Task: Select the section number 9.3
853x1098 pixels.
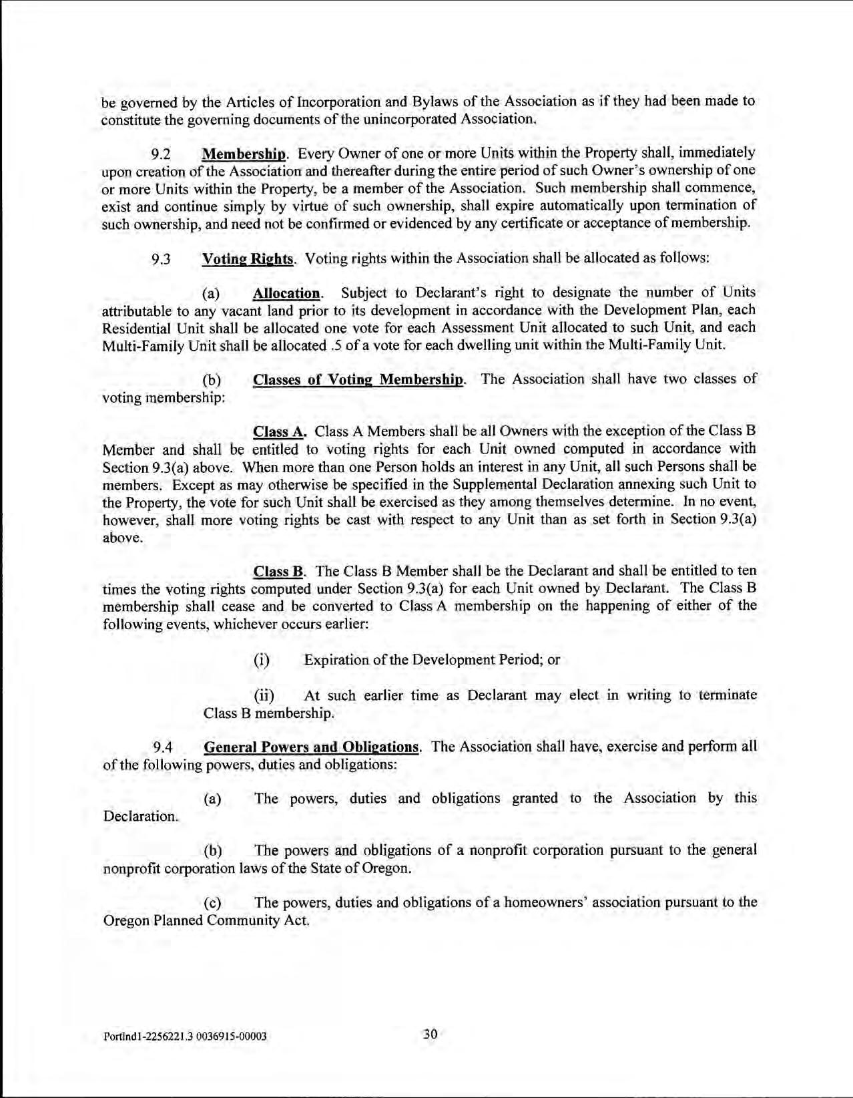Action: coord(160,259)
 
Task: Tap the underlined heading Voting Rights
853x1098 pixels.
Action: coord(247,259)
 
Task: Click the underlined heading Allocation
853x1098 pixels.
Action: coord(286,293)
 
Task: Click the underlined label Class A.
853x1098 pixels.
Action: coord(279,432)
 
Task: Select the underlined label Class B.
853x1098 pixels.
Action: coord(278,572)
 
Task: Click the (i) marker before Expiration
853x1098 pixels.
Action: coord(262,661)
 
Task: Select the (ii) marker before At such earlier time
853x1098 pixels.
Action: coord(264,696)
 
